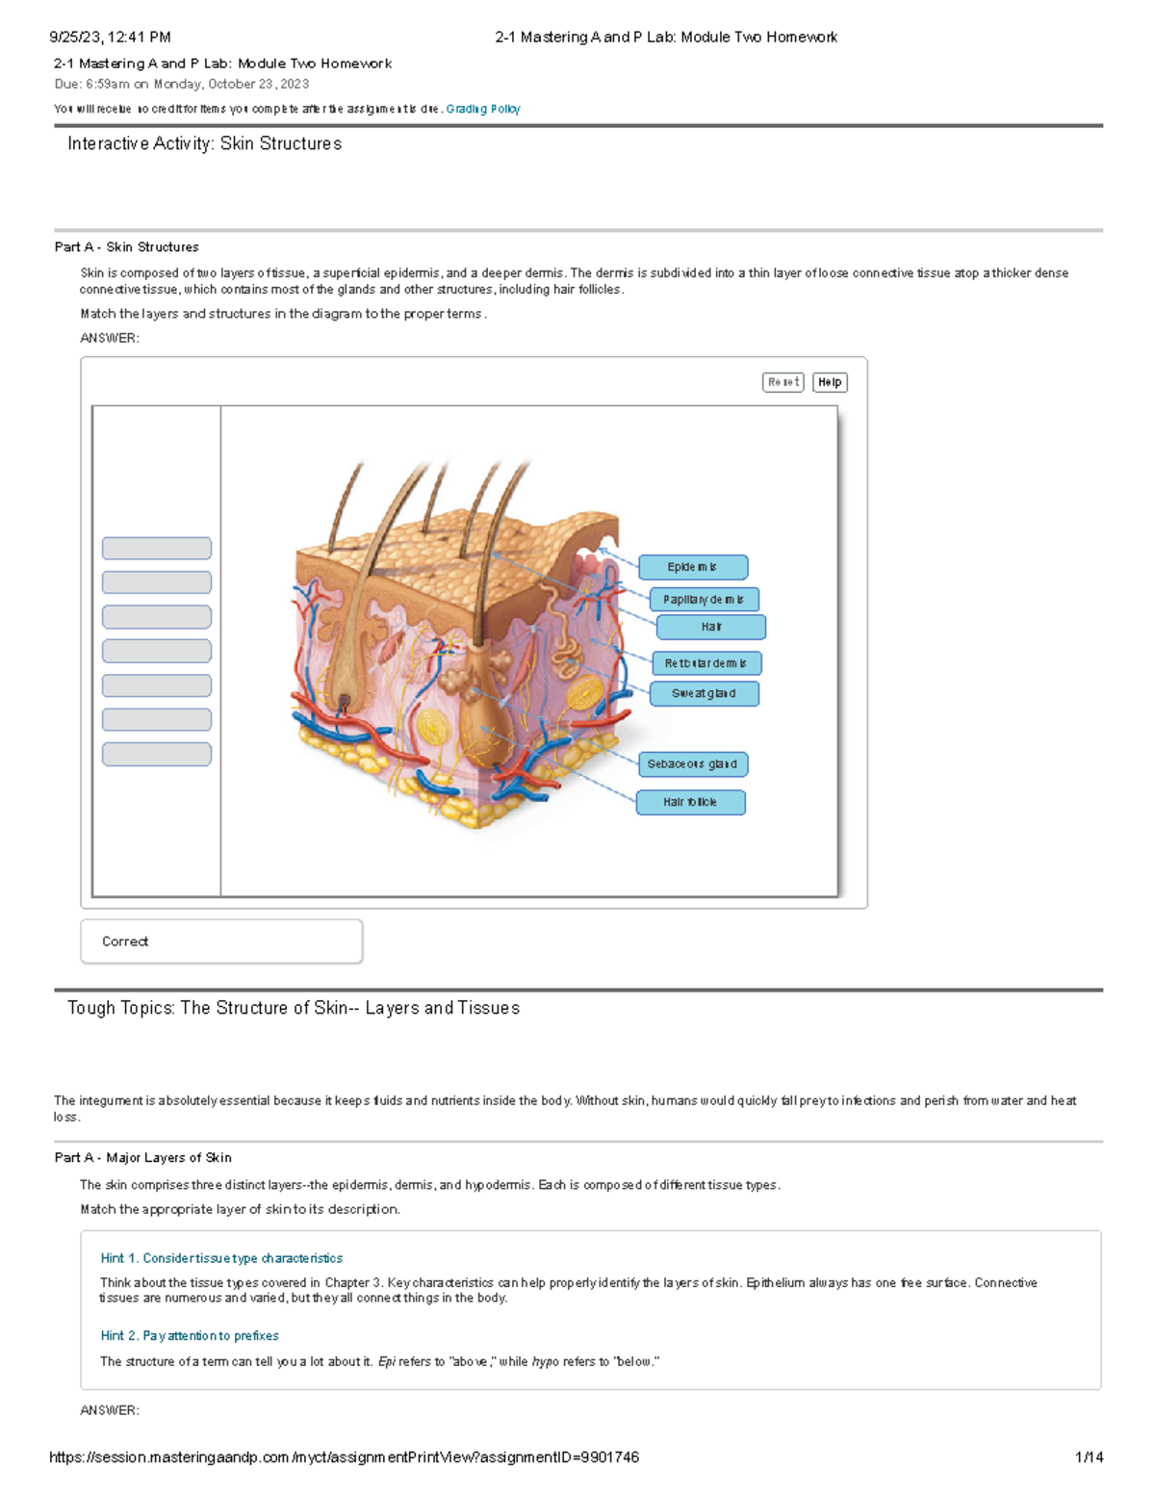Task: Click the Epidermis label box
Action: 693,567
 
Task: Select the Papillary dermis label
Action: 704,600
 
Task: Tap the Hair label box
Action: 711,627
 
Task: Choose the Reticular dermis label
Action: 706,663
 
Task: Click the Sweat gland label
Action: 704,693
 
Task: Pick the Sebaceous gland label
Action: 692,764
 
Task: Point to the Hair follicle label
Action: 690,802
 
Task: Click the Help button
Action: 830,382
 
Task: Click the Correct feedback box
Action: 221,941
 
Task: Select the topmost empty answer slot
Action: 157,549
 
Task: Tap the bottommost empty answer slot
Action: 157,754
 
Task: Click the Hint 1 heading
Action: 221,1258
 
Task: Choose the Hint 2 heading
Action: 190,1335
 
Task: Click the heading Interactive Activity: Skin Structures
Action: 204,143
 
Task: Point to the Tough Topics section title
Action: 294,1008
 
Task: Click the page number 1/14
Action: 1089,1457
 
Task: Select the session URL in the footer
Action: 344,1457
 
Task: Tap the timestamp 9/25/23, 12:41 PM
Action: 110,38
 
